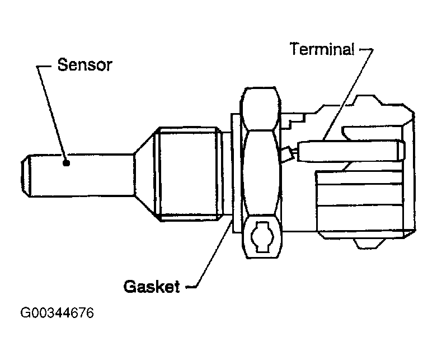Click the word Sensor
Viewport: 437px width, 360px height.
coord(85,65)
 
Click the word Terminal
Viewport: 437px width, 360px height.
coord(322,49)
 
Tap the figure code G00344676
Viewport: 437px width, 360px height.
coord(57,312)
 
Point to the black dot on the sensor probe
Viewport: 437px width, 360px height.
coord(66,163)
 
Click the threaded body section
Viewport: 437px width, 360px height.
coord(190,172)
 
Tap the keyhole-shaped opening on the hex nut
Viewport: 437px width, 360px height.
coord(261,237)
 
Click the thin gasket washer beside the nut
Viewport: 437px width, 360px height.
coord(234,174)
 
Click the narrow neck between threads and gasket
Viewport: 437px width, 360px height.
coord(226,174)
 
